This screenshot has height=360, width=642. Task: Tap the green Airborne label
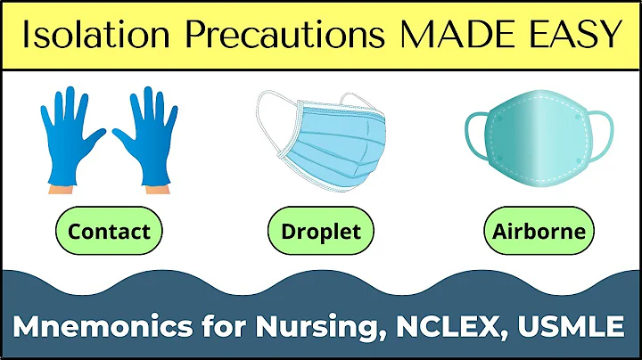tap(539, 232)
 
